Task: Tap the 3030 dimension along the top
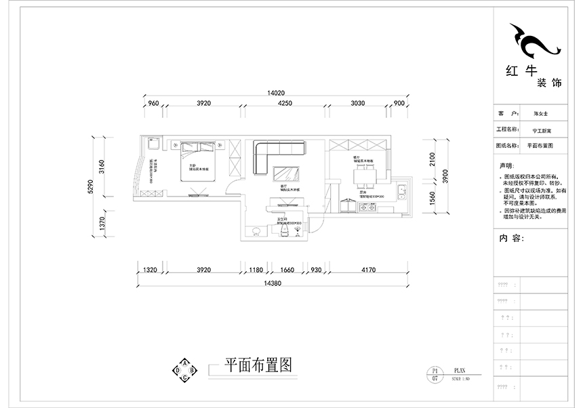(x=358, y=103)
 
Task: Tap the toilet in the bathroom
(x=285, y=232)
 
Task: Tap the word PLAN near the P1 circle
(x=459, y=371)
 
